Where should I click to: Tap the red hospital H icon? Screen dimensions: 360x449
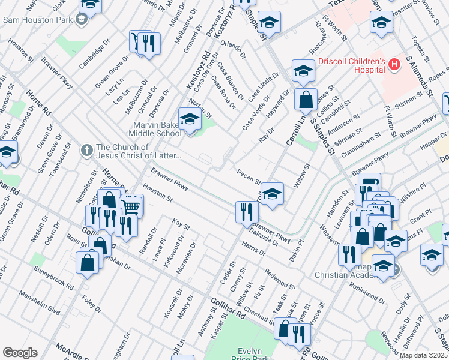coord(394,64)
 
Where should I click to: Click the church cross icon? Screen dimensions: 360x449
coord(87,148)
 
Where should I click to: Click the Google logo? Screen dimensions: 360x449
coord(20,353)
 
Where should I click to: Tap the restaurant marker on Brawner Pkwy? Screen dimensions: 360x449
coord(247,212)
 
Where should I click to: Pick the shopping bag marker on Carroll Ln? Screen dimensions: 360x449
coord(306,100)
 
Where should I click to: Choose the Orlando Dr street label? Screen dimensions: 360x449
coord(234,49)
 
